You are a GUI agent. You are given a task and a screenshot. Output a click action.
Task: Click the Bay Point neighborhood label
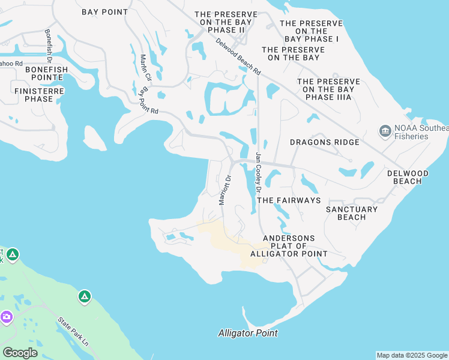(105, 12)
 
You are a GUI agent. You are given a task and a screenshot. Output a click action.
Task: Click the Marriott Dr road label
(224, 190)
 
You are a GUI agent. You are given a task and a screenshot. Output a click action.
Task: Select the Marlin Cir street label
(145, 68)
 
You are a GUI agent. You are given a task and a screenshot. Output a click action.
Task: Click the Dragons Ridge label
(324, 142)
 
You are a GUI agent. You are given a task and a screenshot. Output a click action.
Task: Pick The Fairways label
(288, 200)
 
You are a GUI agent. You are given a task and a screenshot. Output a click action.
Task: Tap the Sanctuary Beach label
(352, 213)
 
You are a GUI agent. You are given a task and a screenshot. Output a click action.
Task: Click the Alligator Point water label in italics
(248, 333)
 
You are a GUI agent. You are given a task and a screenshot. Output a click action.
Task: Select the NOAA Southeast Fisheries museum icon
(384, 130)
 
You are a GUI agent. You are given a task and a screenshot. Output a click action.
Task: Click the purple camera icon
(7, 316)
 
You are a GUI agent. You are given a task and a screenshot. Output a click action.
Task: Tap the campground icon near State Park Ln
(85, 296)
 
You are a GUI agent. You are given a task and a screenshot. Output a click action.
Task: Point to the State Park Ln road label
(73, 331)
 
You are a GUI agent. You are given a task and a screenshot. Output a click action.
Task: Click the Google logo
(20, 353)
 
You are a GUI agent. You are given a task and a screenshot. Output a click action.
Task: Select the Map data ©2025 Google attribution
(412, 355)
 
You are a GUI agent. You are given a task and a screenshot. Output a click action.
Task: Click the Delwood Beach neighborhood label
(408, 177)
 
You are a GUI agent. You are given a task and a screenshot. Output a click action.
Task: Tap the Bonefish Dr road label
(48, 43)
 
